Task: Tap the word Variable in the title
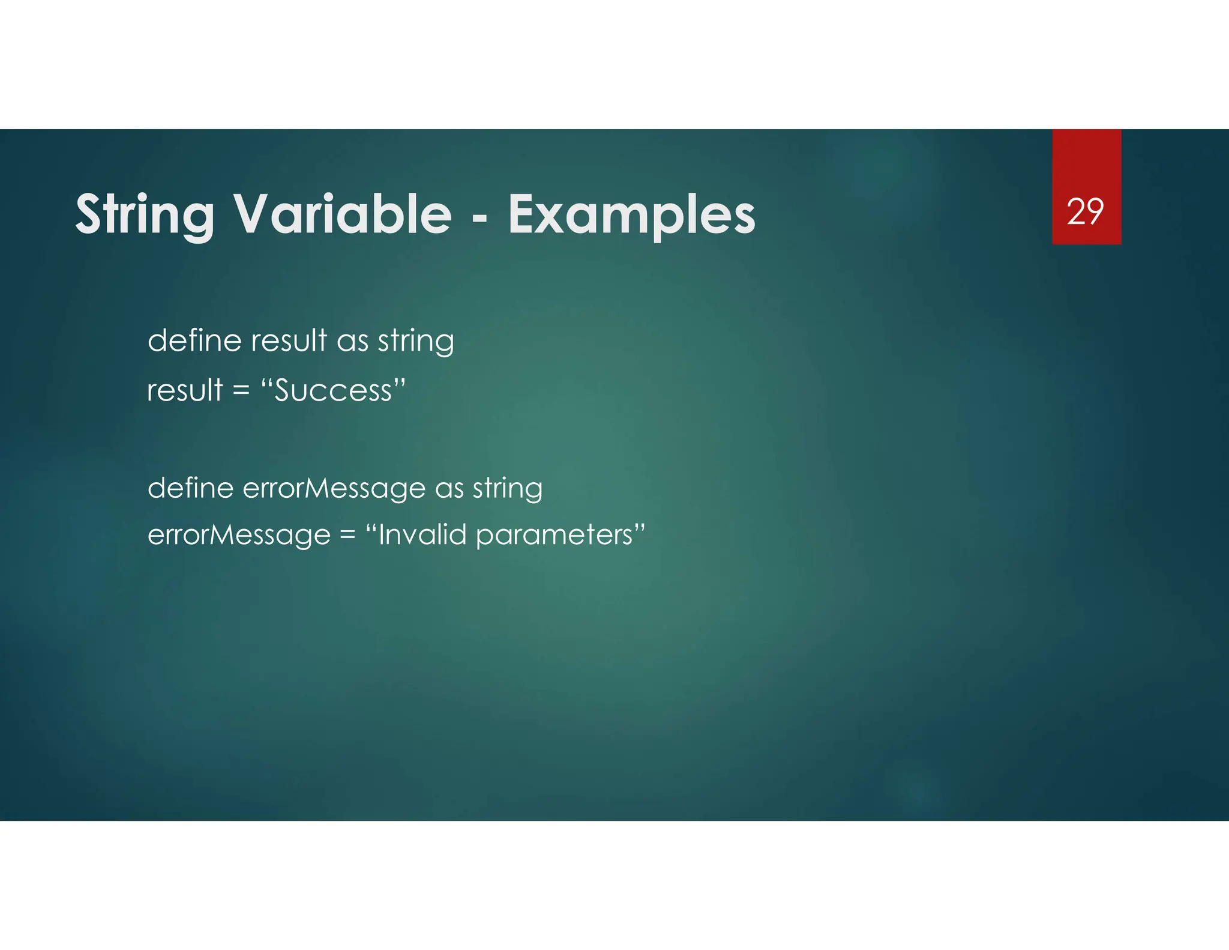[x=342, y=214]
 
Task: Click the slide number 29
[x=1085, y=212]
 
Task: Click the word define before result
[x=194, y=340]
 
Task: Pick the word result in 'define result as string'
[x=289, y=340]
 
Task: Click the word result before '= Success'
[x=185, y=390]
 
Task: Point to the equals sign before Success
[x=241, y=391]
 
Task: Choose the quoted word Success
[x=334, y=390]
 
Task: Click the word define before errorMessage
[x=190, y=488]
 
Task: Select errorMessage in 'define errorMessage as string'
[x=334, y=488]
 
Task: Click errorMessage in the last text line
[x=239, y=534]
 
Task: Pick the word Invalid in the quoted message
[x=422, y=534]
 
